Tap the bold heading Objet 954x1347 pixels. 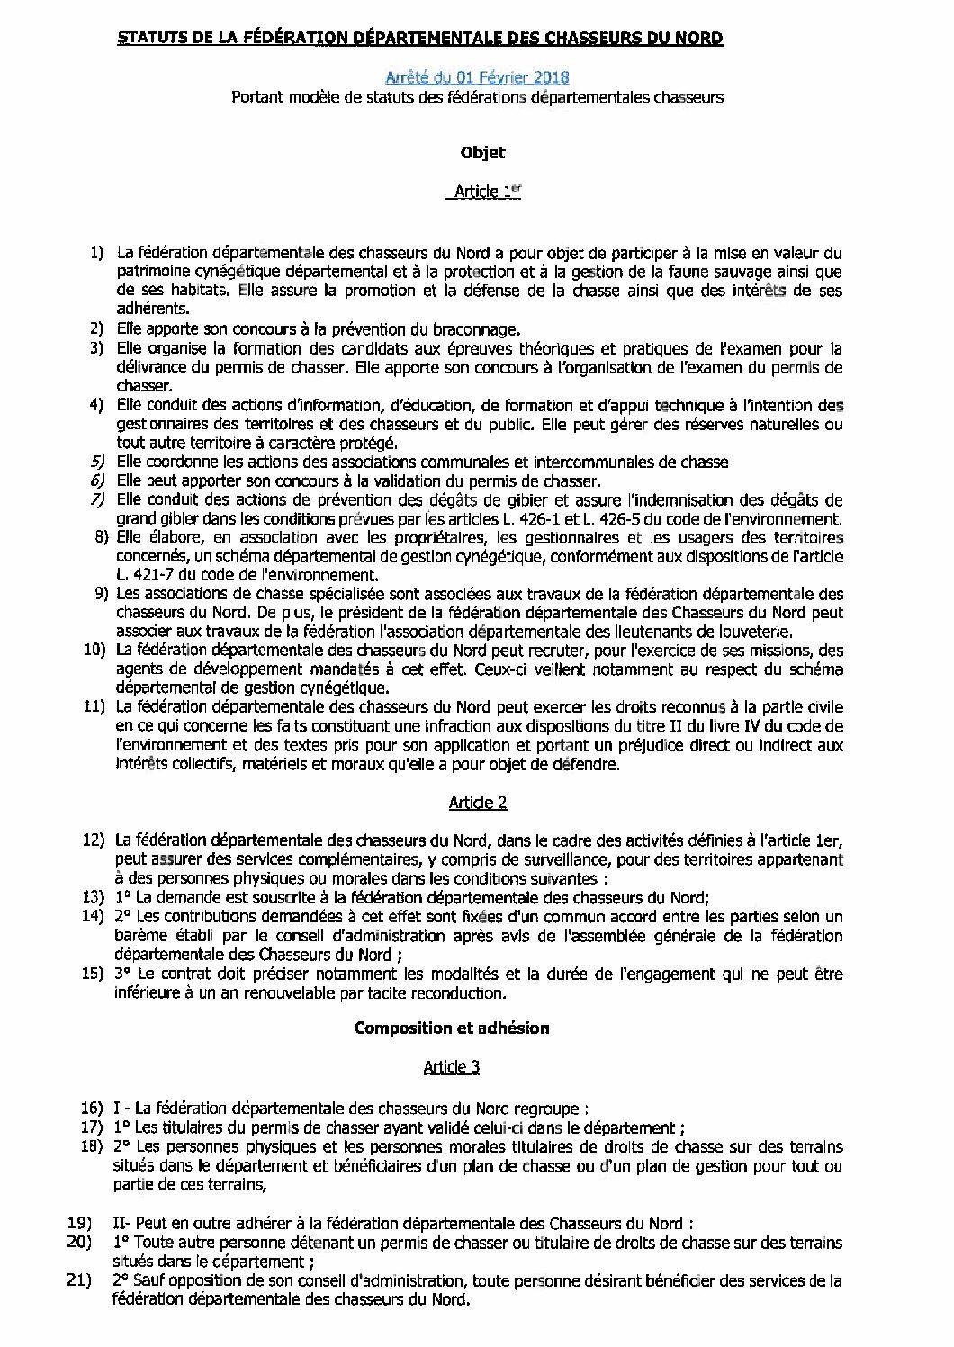point(482,153)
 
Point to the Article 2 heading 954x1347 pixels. point(477,802)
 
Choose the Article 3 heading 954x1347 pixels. point(452,1066)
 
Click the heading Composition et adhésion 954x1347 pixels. point(452,1028)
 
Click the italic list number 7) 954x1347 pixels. point(99,499)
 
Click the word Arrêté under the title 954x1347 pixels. point(412,78)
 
